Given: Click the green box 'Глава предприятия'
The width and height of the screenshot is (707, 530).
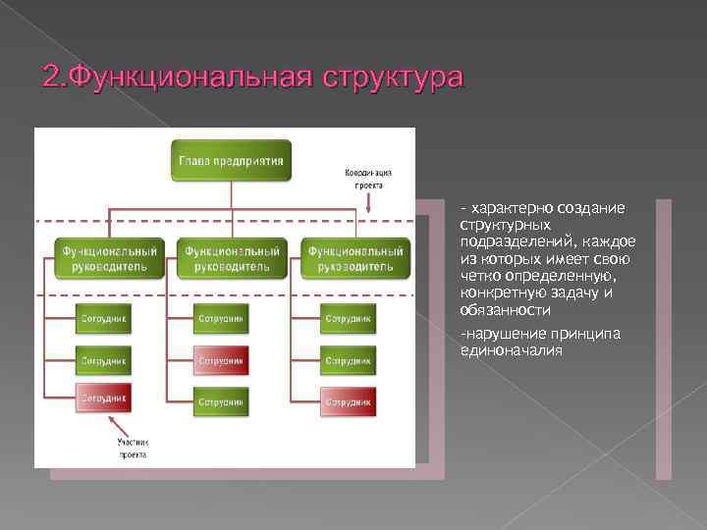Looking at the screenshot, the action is [232, 160].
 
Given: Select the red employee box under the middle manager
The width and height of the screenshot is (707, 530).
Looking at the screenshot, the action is [222, 360].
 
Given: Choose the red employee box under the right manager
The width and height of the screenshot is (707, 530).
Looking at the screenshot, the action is [348, 401].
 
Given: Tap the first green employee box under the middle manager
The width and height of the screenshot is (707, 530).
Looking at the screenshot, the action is [222, 319].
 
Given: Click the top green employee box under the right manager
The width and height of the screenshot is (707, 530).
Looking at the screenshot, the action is [348, 319].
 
